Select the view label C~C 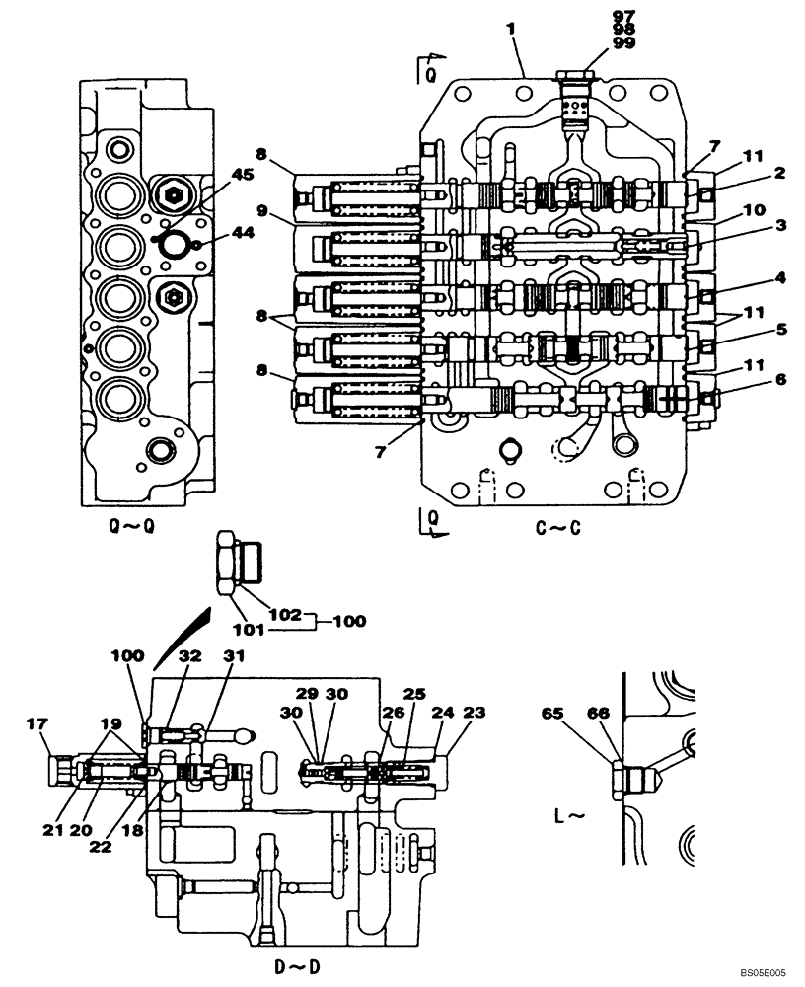click(x=558, y=528)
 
